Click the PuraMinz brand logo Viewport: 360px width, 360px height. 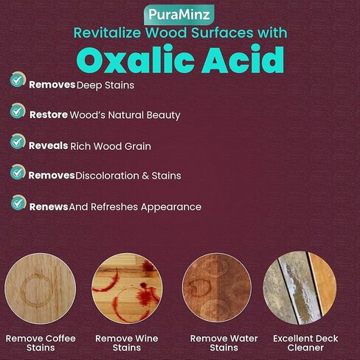pyautogui.click(x=179, y=15)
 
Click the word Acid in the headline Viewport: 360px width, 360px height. pyautogui.click(x=243, y=59)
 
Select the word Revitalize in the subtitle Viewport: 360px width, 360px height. pyautogui.click(x=107, y=33)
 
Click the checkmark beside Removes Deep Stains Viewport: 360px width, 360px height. pyautogui.click(x=18, y=80)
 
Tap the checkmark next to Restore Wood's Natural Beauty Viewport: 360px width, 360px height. pyautogui.click(x=18, y=111)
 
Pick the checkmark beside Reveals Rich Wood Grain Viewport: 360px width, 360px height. pyautogui.click(x=18, y=142)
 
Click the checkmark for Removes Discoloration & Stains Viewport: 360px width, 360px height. pyautogui.click(x=18, y=172)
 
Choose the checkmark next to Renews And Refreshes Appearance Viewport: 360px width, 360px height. pyautogui.click(x=18, y=203)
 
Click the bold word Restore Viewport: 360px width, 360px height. pyautogui.click(x=49, y=115)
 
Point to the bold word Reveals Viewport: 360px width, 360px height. pyautogui.click(x=48, y=145)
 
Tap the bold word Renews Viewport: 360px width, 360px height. pyautogui.click(x=49, y=207)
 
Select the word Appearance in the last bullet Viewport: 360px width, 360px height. pyautogui.click(x=171, y=207)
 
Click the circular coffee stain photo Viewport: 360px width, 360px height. pyautogui.click(x=41, y=288)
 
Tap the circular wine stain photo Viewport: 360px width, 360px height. pyautogui.click(x=127, y=288)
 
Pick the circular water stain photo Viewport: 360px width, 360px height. pyautogui.click(x=217, y=288)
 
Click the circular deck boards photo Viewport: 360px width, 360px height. pyautogui.click(x=300, y=288)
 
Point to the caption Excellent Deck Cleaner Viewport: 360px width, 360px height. pyautogui.click(x=305, y=343)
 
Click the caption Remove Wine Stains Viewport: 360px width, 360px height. pyautogui.click(x=127, y=343)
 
